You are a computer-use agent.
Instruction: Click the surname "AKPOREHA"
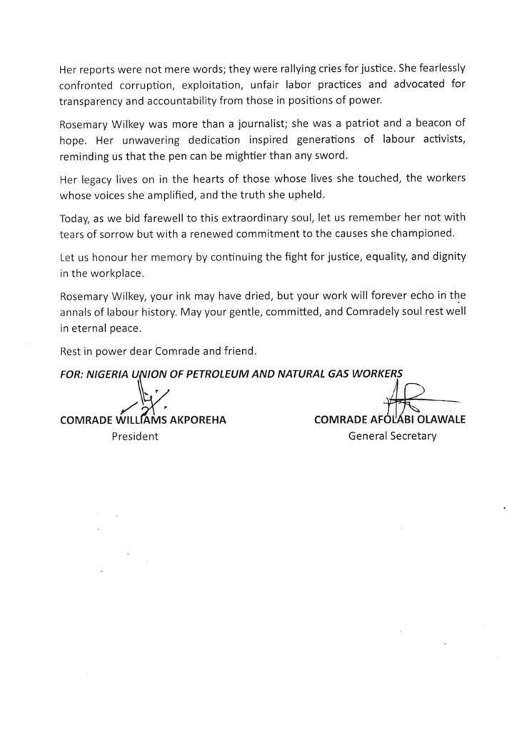[x=196, y=420]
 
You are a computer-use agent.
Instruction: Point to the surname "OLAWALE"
[x=436, y=420]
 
